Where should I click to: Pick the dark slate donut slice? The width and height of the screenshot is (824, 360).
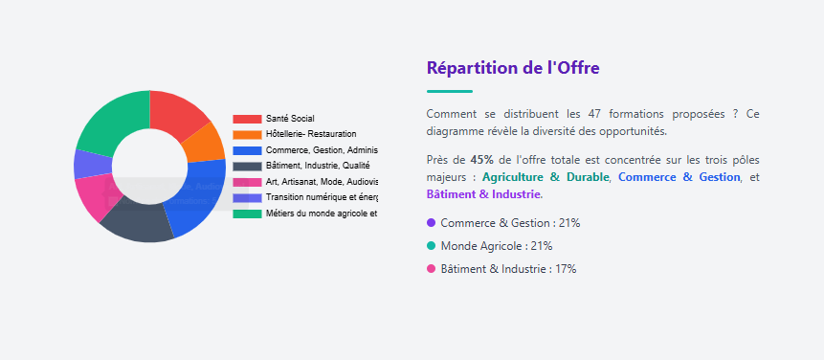tap(139, 221)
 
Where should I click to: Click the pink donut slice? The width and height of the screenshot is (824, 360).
tap(96, 195)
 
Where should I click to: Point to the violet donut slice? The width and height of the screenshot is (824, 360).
tap(86, 164)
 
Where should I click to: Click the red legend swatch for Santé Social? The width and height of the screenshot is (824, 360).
tap(247, 119)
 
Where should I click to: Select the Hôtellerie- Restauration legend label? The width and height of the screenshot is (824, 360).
tap(311, 134)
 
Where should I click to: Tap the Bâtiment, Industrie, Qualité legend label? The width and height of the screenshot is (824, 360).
tap(318, 166)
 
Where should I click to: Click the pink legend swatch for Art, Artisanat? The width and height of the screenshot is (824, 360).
tap(247, 182)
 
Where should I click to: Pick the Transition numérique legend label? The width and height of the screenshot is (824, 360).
tap(322, 197)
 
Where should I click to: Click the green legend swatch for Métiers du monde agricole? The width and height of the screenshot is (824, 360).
tap(247, 214)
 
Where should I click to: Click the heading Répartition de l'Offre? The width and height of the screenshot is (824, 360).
tap(513, 68)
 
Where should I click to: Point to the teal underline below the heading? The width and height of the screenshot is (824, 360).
tap(450, 91)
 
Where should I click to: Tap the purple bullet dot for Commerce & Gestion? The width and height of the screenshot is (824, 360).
tap(431, 222)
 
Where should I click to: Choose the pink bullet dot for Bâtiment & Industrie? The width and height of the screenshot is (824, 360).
tap(431, 269)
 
